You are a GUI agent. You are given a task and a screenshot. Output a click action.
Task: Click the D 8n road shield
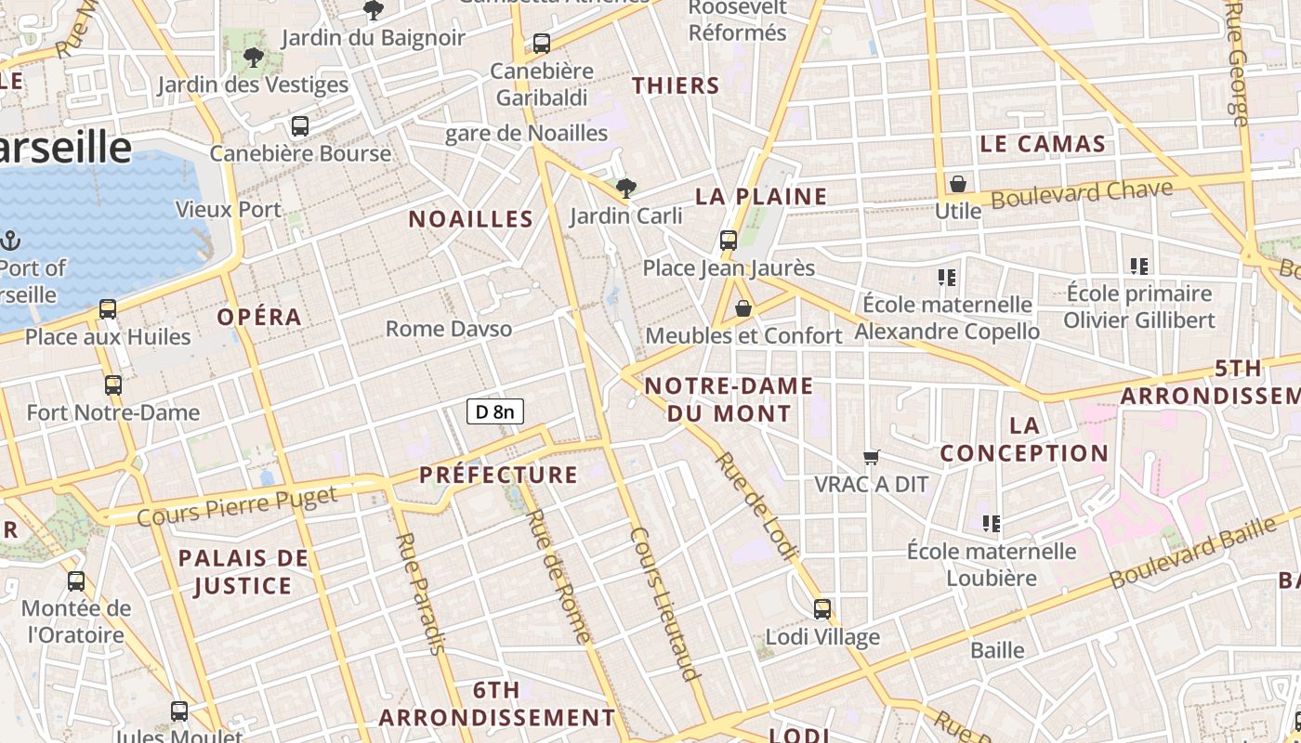coord(495,411)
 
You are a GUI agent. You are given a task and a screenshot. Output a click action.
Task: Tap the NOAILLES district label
coord(471,219)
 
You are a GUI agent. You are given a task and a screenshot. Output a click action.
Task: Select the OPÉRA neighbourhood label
coord(259,317)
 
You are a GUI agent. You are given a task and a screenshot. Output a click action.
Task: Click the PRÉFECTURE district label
coord(498,475)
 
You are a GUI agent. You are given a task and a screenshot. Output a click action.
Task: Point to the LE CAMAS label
coord(1043,144)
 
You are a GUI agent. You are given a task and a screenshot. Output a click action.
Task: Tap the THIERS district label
coord(676,85)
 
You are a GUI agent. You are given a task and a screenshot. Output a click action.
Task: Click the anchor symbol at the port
coord(10,241)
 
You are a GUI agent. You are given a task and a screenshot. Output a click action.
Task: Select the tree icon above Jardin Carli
coord(626,189)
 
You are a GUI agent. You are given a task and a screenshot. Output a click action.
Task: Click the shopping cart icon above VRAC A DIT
coord(871,457)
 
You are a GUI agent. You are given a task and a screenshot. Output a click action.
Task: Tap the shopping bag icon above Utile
coord(957,184)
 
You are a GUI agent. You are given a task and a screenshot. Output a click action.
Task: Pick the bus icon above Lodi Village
coord(822,609)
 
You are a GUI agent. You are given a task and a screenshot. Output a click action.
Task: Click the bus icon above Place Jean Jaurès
coord(729,241)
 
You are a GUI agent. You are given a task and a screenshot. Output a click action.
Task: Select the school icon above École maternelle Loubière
coord(992,524)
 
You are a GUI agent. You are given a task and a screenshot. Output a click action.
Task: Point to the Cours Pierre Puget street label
coord(237,505)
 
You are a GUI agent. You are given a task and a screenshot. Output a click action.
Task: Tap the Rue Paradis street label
coord(420,593)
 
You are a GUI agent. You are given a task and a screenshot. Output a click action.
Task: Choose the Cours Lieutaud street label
coord(664,605)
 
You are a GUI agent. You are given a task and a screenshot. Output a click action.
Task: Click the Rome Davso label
coord(449,329)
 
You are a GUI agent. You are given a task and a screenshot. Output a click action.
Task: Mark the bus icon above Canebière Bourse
coord(300,126)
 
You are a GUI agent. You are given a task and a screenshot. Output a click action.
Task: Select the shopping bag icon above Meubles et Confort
coord(743,308)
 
